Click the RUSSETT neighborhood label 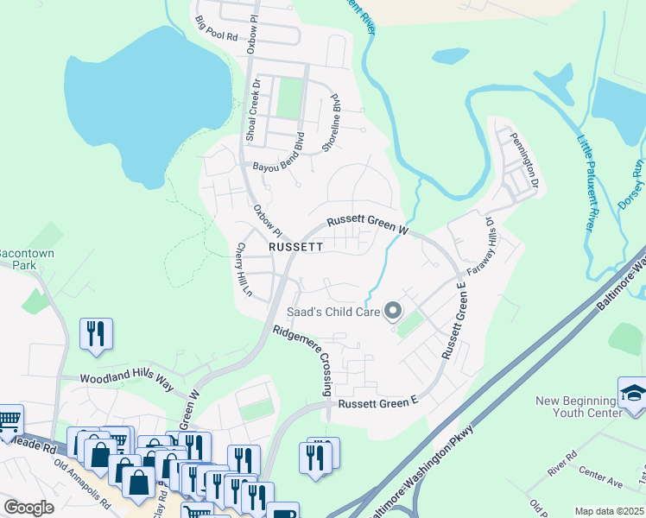click(x=295, y=246)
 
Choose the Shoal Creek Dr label click(x=251, y=111)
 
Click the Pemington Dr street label click(x=524, y=161)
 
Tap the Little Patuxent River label click(x=586, y=181)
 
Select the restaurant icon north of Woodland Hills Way click(x=95, y=332)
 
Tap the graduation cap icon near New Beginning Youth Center click(x=631, y=393)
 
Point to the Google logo click(x=28, y=508)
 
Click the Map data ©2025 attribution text click(x=609, y=511)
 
